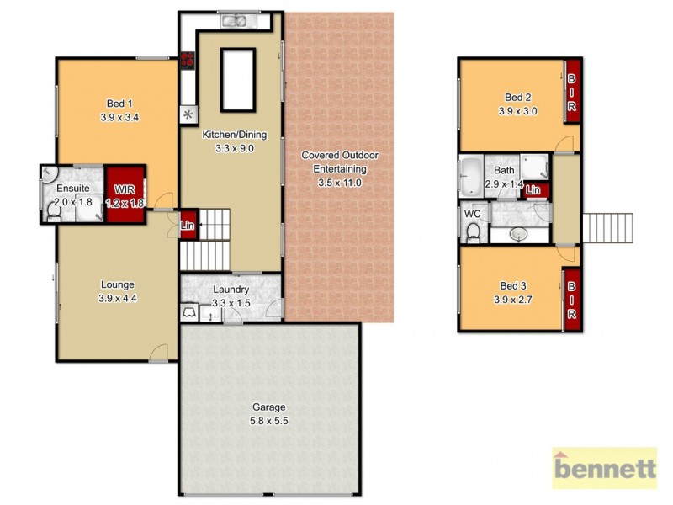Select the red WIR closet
tap(125, 194)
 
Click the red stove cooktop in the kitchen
tap(187, 60)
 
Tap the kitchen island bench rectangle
tap(237, 79)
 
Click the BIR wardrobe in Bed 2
tap(572, 92)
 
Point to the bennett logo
tap(604, 468)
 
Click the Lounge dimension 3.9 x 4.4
tap(116, 298)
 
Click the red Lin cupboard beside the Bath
tap(533, 190)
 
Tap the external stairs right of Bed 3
tap(607, 227)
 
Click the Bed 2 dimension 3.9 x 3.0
tap(517, 110)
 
